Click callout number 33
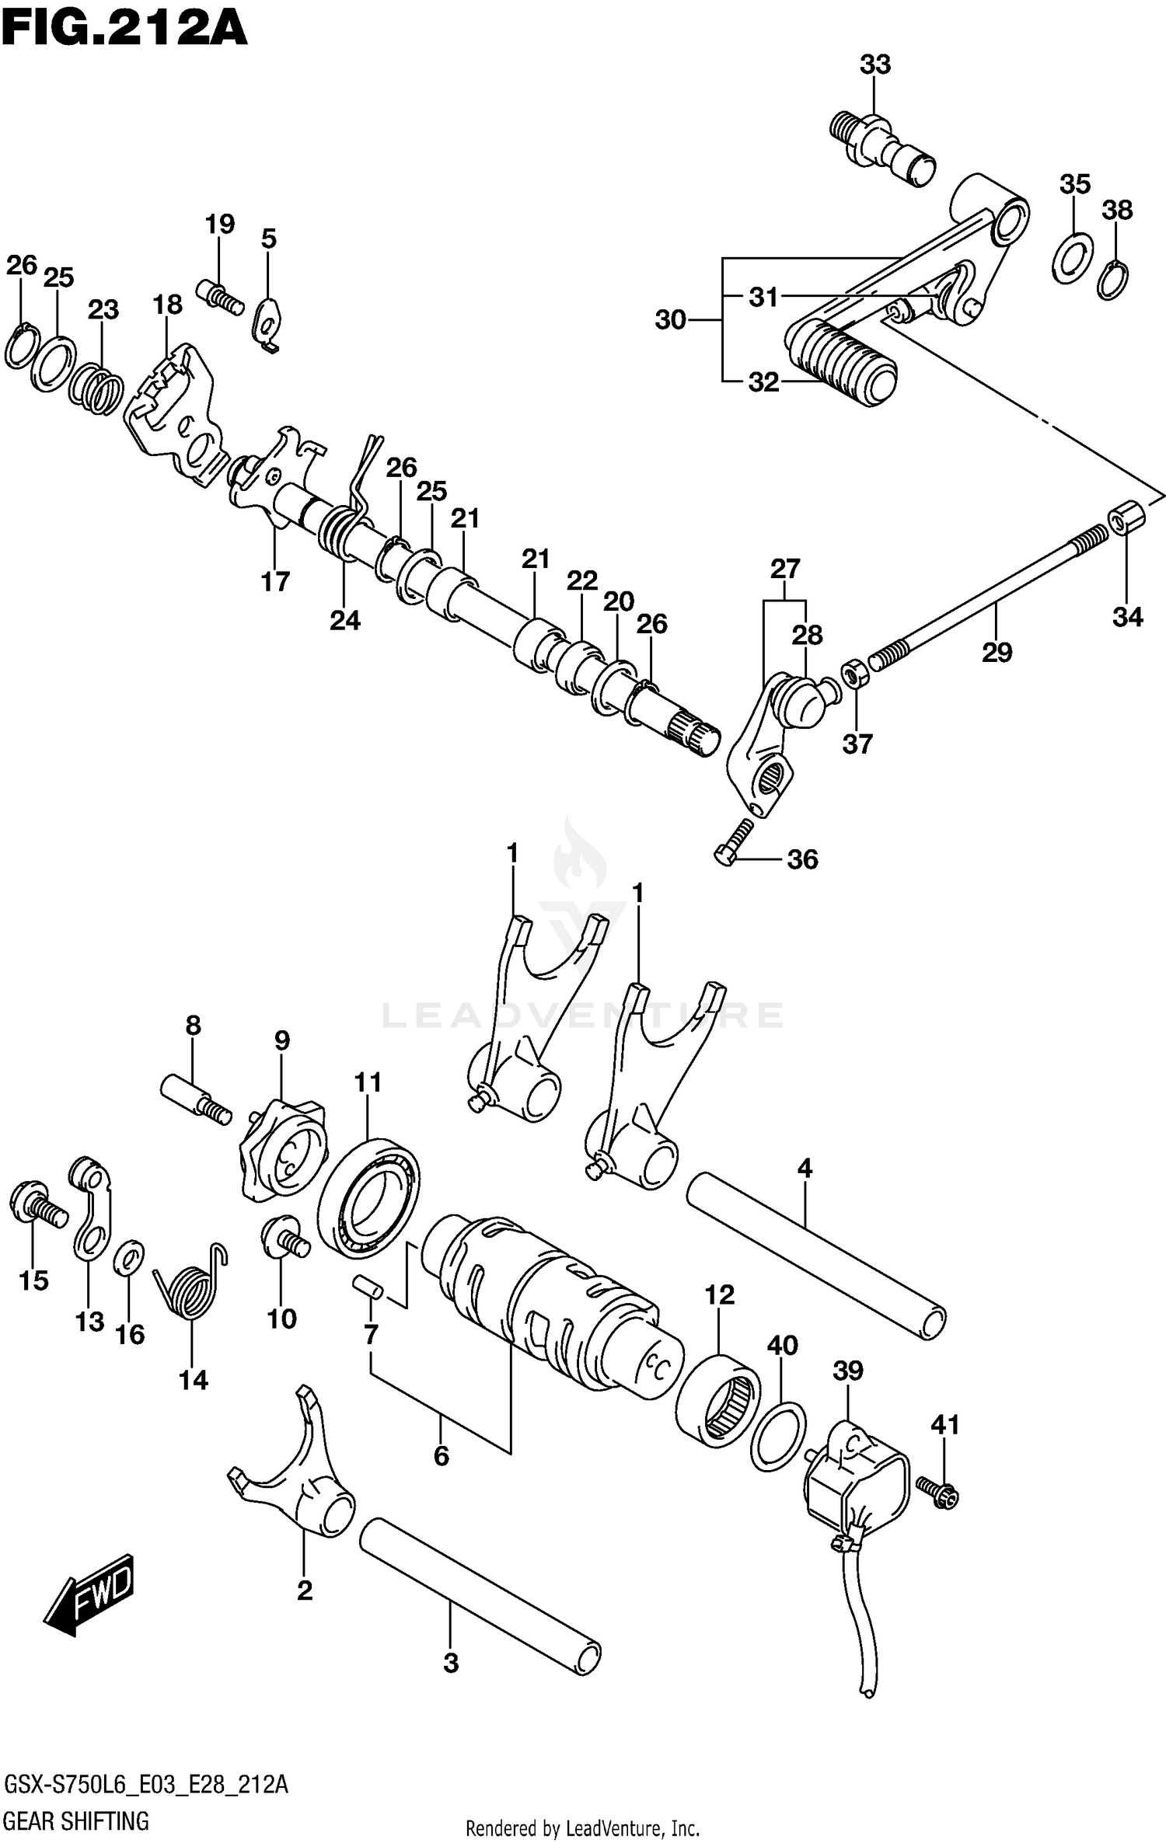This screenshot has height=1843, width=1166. click(x=874, y=65)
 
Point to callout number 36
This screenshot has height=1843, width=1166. click(x=802, y=859)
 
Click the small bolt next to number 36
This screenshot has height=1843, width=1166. click(x=733, y=842)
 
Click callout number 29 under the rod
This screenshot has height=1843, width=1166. click(x=997, y=652)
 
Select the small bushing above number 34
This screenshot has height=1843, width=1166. click(x=1126, y=517)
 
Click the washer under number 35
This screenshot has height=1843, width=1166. click(x=1073, y=257)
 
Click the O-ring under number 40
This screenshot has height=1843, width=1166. click(x=779, y=1437)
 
